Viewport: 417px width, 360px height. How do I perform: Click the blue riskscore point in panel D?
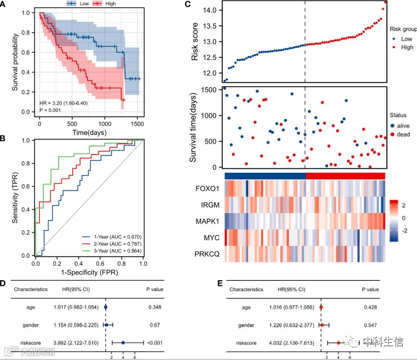[x=123, y=343]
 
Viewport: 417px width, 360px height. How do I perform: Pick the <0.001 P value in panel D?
[x=155, y=343]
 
